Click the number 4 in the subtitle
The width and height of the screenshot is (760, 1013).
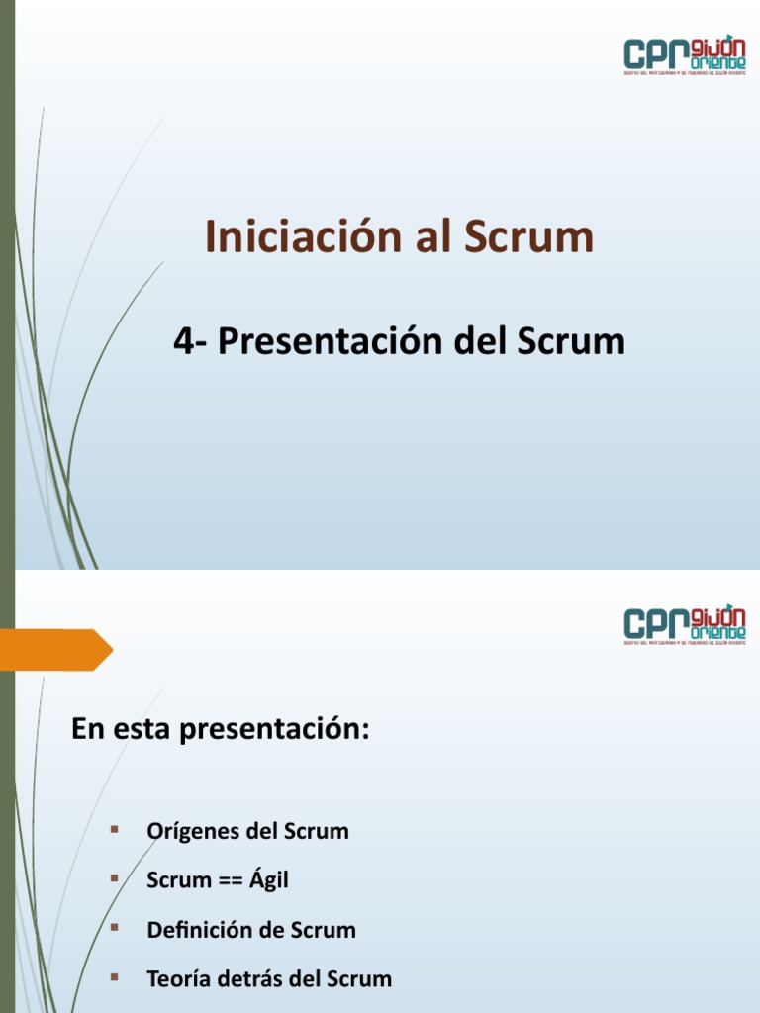coord(181,342)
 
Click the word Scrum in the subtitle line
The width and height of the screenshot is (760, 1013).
coord(571,342)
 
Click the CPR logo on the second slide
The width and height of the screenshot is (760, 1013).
coord(685,625)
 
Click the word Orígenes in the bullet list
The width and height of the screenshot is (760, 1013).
coord(192,831)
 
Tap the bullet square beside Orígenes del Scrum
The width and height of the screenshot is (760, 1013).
coord(115,828)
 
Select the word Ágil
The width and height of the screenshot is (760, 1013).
coord(269,879)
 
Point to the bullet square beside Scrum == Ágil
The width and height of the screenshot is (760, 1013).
coord(115,877)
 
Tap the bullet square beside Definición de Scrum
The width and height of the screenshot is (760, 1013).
coord(115,927)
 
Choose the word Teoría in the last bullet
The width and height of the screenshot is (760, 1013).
coord(179,979)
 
